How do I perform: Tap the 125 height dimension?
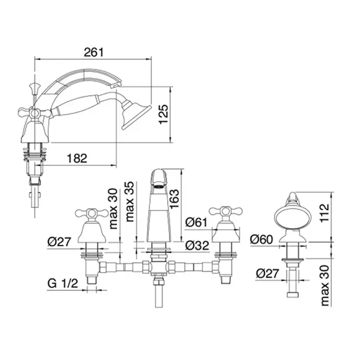[164, 114]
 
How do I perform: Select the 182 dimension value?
[77, 158]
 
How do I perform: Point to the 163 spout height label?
[174, 199]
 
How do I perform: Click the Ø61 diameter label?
[196, 222]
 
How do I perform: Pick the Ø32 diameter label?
[197, 245]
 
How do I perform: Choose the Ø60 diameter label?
[261, 240]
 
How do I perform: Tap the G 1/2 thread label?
[63, 283]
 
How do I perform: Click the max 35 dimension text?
[130, 202]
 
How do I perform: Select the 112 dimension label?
[325, 213]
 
